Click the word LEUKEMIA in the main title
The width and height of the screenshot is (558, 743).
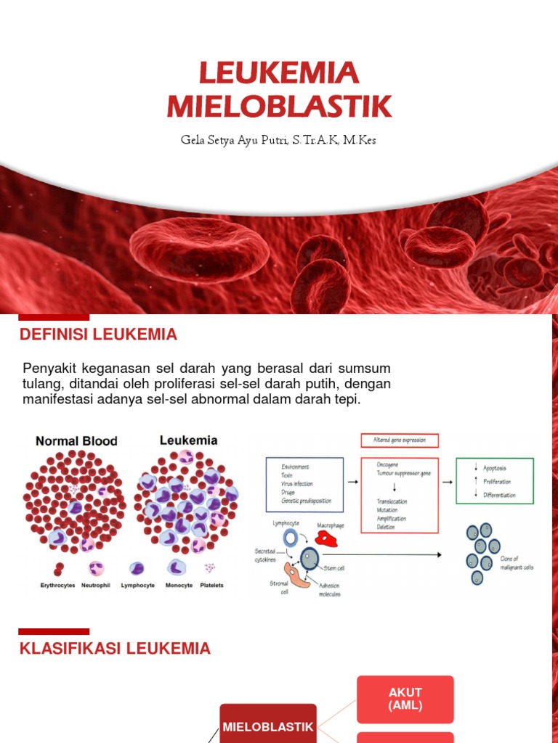tap(279, 73)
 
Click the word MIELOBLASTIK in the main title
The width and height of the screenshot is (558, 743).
tap(279, 106)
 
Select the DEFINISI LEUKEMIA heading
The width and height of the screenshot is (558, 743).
tap(98, 334)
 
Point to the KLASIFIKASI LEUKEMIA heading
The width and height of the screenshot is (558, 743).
tap(115, 649)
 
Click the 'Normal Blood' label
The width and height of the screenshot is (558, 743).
tap(76, 441)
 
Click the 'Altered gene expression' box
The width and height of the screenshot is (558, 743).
tap(399, 440)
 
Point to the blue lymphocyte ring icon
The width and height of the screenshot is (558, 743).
tap(290, 537)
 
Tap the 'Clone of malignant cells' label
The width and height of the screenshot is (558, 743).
tap(517, 563)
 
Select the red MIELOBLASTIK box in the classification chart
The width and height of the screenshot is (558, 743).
tap(268, 726)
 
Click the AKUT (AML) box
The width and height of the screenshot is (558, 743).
tap(405, 699)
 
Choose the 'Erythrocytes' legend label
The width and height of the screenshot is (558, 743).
tap(57, 586)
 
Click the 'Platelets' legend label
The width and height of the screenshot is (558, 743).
tap(210, 586)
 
